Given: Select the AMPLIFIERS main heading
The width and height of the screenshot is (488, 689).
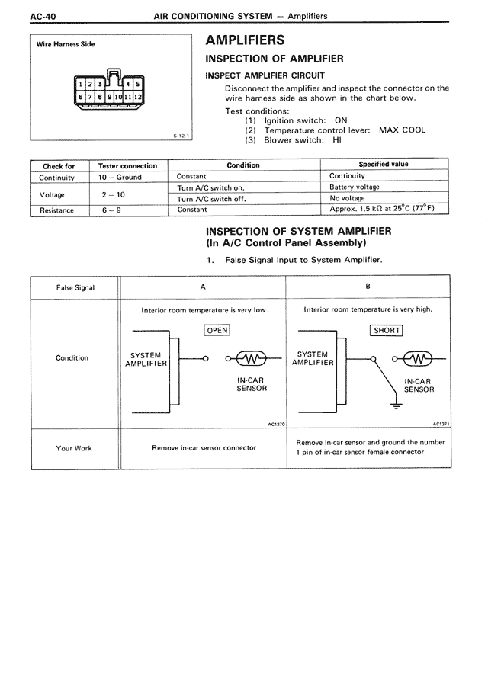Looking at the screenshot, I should click(x=246, y=40).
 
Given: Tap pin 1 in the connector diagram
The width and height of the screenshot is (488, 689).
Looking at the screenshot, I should click(x=82, y=84).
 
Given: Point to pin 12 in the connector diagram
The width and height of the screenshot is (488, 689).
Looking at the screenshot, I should click(x=138, y=98).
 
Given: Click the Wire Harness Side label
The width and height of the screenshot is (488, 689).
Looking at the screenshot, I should click(x=66, y=45).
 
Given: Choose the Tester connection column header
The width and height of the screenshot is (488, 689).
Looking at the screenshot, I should click(x=127, y=165).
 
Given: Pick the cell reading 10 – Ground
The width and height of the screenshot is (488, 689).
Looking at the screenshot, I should click(x=120, y=177).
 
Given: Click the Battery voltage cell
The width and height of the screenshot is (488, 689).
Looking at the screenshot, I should click(x=354, y=187).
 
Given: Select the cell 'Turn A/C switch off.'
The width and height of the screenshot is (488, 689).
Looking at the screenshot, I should click(x=211, y=199).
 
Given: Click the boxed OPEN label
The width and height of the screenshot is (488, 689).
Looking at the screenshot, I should click(x=217, y=330).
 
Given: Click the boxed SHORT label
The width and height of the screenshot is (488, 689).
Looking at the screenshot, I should click(x=386, y=330).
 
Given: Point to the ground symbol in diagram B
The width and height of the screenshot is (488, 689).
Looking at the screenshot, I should click(x=395, y=405).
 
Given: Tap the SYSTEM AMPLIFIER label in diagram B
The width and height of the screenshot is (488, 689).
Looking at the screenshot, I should click(x=313, y=358).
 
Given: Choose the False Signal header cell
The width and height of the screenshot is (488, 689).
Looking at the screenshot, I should click(x=75, y=287).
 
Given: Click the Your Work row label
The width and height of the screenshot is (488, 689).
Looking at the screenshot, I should click(x=74, y=448).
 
